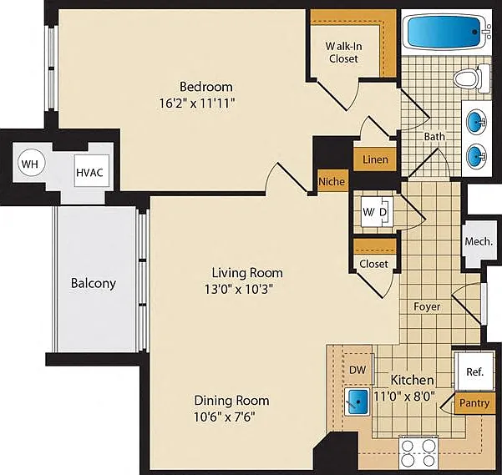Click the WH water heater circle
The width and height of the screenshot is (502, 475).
(30, 164)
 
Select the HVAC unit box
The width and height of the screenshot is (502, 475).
(91, 171)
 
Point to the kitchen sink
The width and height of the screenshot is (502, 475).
(357, 402)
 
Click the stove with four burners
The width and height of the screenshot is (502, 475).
(418, 452)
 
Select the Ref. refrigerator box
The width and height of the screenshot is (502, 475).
(474, 371)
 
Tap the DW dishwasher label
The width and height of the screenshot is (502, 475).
(357, 370)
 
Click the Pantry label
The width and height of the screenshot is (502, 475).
(474, 403)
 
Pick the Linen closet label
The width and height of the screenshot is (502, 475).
(375, 159)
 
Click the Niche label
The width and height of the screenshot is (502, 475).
(332, 181)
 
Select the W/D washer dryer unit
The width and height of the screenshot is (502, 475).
(377, 212)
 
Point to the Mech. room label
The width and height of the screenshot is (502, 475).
(479, 241)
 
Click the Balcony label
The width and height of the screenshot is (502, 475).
(94, 283)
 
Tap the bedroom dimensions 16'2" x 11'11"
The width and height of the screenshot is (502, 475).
(197, 104)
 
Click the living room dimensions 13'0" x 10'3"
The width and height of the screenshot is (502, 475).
(239, 289)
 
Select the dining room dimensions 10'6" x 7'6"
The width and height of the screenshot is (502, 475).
(225, 417)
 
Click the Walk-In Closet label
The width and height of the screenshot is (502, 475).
(343, 53)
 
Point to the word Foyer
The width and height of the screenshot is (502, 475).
(427, 306)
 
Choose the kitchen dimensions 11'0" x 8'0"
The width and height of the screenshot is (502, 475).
(404, 397)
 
